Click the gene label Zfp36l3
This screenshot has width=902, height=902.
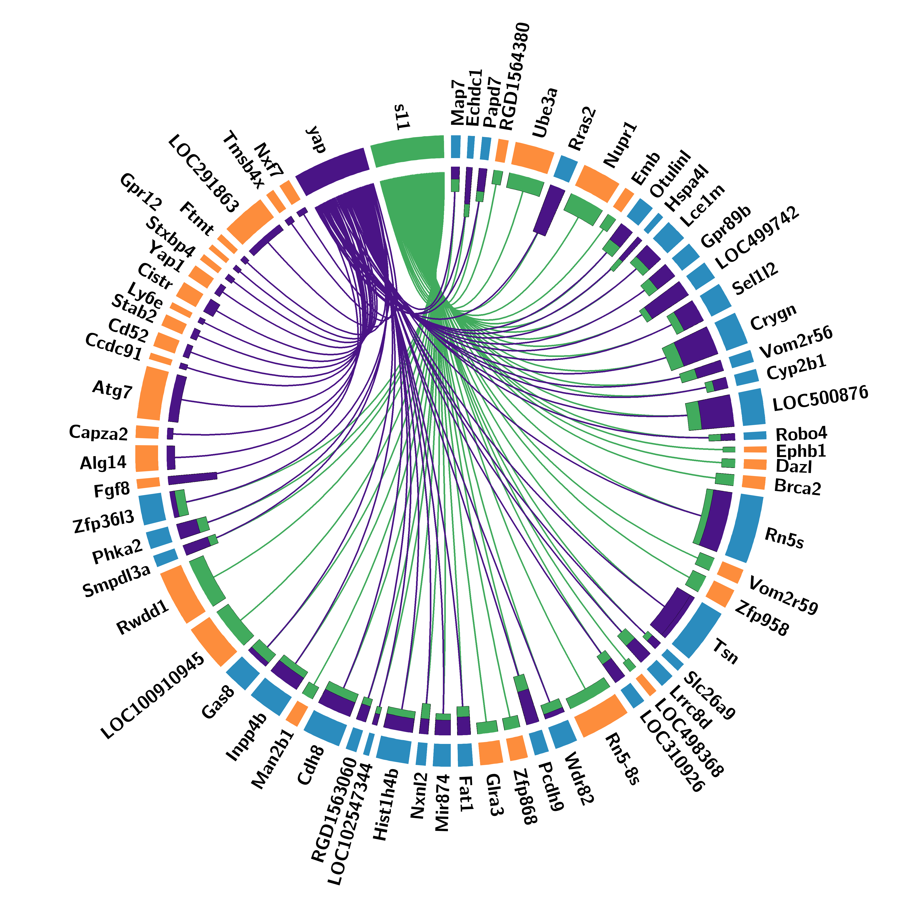point(104,522)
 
